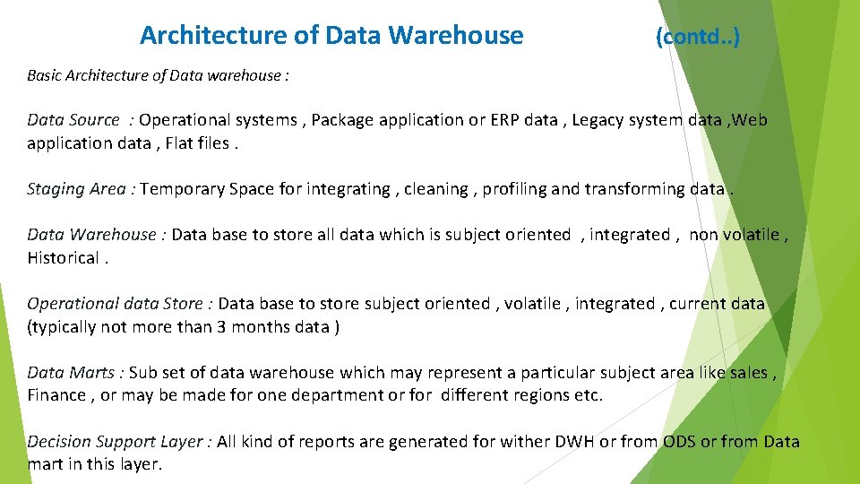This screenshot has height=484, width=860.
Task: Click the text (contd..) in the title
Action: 698,38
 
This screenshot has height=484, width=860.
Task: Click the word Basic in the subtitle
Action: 45,75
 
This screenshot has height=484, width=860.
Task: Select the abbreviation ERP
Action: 508,120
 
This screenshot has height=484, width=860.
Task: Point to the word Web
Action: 750,120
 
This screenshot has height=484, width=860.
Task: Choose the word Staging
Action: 56,189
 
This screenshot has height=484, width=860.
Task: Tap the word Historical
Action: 63,258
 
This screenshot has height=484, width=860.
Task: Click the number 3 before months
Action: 220,327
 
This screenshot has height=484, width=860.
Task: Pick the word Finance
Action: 56,396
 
